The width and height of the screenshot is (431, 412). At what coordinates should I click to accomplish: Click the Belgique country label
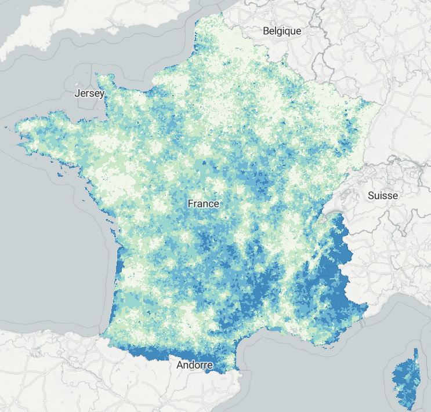282,31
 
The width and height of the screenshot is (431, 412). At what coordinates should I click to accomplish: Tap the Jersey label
90,93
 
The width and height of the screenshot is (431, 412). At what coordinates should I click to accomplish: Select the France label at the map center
204,203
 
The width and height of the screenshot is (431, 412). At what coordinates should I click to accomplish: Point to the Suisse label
383,195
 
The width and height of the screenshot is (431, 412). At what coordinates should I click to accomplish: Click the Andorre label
195,365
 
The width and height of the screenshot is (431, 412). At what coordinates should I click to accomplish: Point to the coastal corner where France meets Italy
367,305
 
